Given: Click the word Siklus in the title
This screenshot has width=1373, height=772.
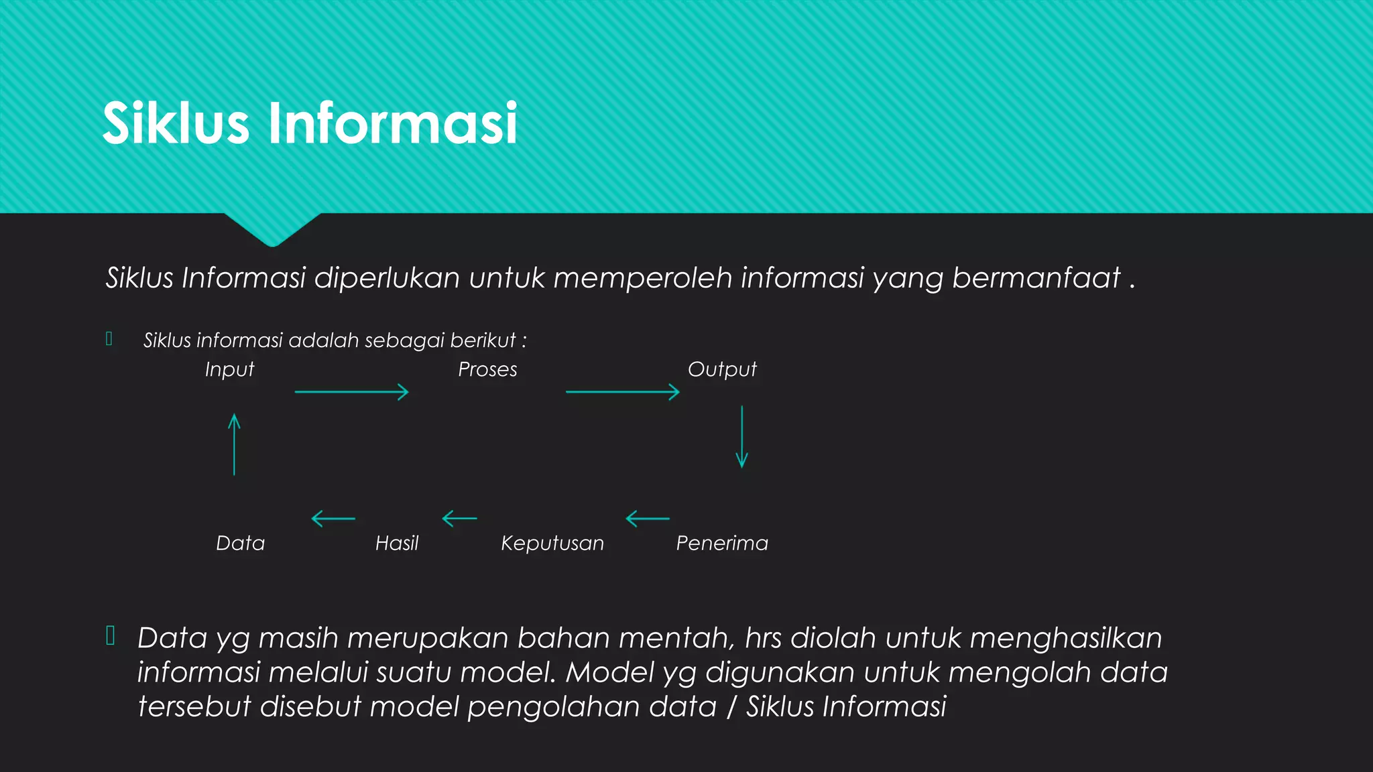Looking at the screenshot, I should point(176,124).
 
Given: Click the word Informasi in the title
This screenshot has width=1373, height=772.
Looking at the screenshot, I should point(393,124).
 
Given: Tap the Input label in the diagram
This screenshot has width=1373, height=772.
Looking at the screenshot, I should point(229,370).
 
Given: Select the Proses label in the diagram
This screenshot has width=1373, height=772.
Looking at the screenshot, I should point(487,370).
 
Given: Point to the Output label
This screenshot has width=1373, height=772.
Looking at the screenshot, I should point(722,370).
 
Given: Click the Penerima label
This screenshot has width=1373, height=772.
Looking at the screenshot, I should point(722,543).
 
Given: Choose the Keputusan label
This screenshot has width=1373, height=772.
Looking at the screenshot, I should point(552,543).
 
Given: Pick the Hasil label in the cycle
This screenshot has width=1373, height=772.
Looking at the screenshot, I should point(397,543).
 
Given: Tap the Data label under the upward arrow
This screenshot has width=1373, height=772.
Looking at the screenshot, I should point(241,543).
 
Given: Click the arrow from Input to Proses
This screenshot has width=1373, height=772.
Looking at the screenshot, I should point(351,392).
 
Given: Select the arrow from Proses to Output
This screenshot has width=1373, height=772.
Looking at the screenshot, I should point(622,392).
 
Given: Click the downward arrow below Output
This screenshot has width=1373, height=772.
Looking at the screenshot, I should point(741,436).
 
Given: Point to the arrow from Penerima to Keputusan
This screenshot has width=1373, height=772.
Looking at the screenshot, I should point(647,519).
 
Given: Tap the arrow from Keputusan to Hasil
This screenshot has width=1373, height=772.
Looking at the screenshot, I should point(459,519).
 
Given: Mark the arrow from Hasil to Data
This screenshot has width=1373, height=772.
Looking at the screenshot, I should point(333,519).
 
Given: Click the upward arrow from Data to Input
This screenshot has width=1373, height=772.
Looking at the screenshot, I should point(234,444).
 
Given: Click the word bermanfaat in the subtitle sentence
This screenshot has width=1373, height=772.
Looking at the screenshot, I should point(1036,278).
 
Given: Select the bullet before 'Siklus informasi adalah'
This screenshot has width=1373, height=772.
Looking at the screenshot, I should point(109,339).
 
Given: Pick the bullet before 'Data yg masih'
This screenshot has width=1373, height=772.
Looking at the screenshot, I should point(111,635).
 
